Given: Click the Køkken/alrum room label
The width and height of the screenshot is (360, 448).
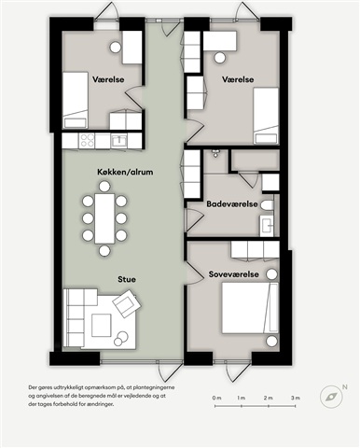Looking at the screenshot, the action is [x=125, y=172].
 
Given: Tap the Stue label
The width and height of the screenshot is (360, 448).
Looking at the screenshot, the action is [x=127, y=279].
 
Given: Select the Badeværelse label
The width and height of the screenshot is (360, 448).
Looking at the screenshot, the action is [x=232, y=204].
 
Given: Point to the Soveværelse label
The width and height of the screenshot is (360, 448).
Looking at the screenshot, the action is [x=234, y=274].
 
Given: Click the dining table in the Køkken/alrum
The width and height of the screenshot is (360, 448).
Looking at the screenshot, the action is [x=104, y=218].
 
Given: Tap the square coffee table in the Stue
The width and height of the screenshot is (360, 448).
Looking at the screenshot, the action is [x=102, y=325].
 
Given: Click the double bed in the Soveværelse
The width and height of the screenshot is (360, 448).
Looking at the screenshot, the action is [x=250, y=308].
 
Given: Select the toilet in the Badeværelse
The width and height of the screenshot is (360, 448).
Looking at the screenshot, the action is [x=267, y=205].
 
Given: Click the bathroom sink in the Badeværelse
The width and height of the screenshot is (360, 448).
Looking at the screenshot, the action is [x=267, y=226].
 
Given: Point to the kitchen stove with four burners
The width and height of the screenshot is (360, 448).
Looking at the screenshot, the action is [x=87, y=140].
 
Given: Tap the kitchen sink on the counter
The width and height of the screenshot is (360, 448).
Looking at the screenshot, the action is [x=118, y=141].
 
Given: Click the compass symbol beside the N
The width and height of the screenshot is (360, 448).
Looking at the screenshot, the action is [x=331, y=397].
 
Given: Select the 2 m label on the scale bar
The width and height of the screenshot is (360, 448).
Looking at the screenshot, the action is [x=269, y=398].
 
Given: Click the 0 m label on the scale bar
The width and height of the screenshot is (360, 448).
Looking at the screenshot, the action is [x=216, y=398].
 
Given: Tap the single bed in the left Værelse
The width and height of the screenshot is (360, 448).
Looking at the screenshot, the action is [x=76, y=100].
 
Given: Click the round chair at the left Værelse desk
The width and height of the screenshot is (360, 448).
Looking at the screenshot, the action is [x=116, y=48].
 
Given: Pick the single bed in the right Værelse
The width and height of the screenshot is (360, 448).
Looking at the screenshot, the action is [x=266, y=116].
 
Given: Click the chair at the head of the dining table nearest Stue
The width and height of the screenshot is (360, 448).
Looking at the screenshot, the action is [x=104, y=250].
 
